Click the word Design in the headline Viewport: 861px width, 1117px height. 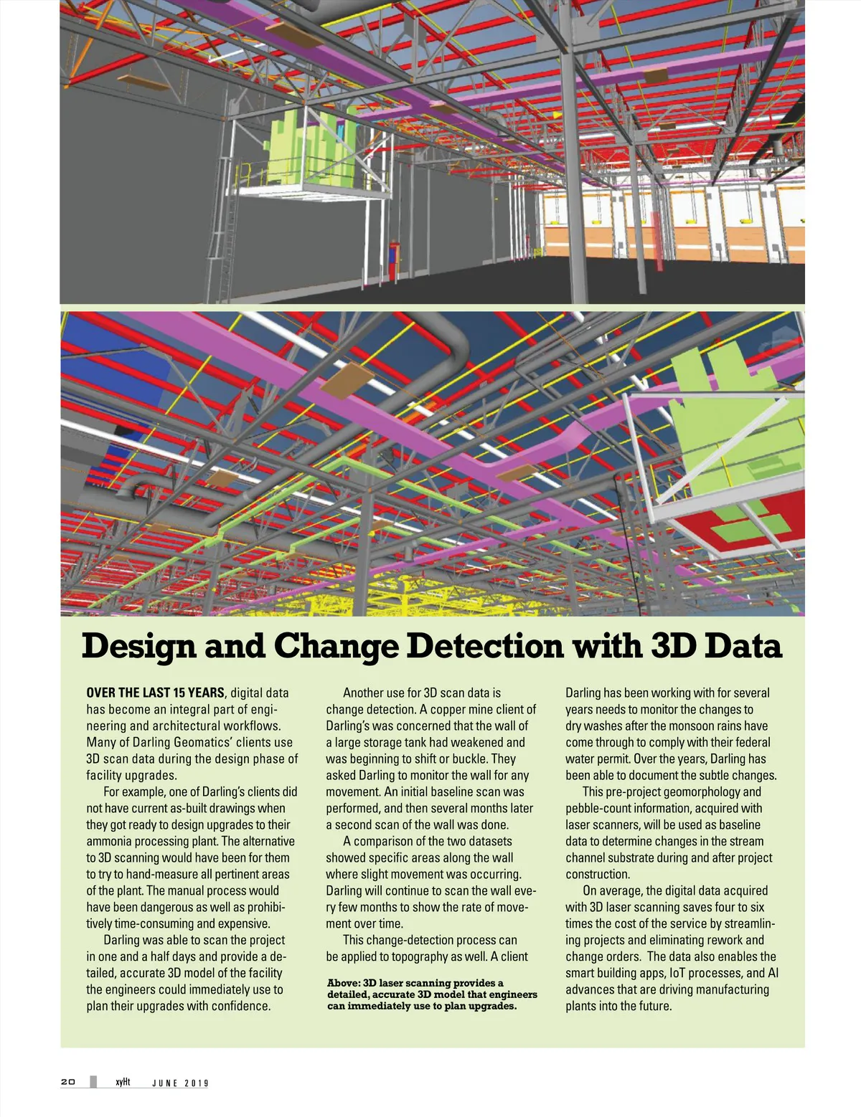click(138, 647)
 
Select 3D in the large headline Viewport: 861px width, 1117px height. click(674, 647)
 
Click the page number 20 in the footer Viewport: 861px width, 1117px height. click(68, 1082)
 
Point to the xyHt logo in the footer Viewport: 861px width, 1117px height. click(123, 1082)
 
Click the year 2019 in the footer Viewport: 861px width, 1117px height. click(197, 1083)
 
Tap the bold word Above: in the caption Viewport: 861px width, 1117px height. click(343, 983)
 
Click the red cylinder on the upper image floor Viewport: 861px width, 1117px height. click(392, 254)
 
